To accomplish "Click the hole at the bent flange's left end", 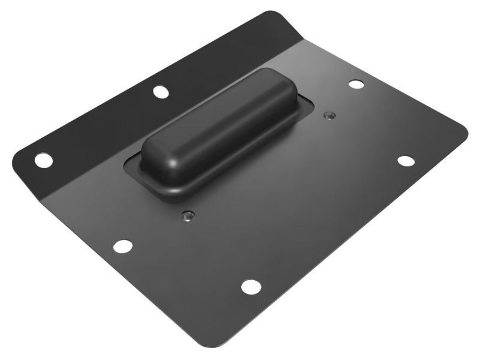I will coord(43,160).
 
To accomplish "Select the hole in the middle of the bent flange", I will coord(160,92).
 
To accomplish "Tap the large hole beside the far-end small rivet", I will coord(356,84).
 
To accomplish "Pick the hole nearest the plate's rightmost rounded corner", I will coord(406,161).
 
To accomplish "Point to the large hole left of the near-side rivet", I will coord(122,245).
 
